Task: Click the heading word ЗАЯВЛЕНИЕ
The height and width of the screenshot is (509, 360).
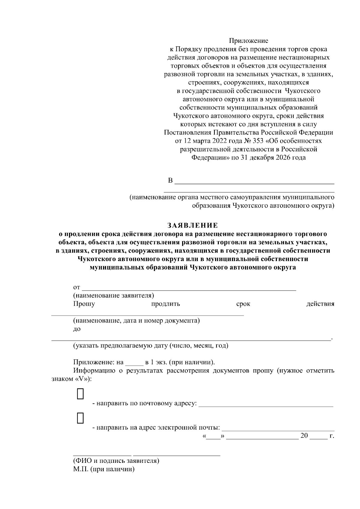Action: click(192, 225)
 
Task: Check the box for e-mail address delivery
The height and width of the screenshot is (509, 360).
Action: click(80, 418)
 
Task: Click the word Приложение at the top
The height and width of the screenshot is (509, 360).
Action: click(249, 40)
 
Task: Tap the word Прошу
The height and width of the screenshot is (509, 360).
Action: click(84, 304)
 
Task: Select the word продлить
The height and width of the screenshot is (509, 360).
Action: click(166, 304)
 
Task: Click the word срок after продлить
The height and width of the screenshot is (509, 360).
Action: click(243, 304)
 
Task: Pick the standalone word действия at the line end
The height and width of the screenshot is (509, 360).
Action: click(320, 304)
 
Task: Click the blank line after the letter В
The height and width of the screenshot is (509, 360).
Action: click(254, 181)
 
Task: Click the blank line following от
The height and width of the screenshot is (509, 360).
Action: click(189, 288)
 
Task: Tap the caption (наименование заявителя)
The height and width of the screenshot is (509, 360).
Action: click(114, 296)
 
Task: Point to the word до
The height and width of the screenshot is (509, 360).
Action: click(77, 329)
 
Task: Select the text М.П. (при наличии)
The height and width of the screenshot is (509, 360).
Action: click(104, 469)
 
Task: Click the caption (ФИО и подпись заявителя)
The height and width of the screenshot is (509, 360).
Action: click(116, 461)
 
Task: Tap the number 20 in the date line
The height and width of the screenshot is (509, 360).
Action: click(304, 436)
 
